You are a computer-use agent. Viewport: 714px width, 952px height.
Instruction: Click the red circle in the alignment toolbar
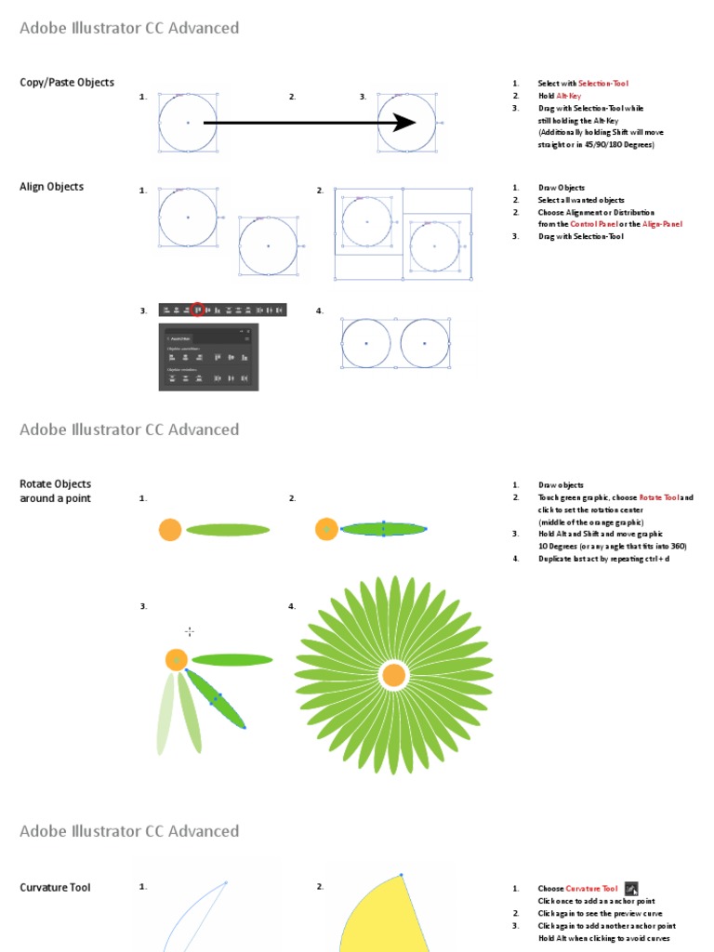(x=197, y=310)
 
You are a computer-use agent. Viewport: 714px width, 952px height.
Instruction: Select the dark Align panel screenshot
(x=208, y=357)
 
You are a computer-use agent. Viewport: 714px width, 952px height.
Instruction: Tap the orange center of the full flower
(x=393, y=675)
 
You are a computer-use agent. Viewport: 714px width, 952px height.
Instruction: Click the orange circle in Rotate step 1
(x=169, y=530)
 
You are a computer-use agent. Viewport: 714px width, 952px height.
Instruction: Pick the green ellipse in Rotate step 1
(x=228, y=530)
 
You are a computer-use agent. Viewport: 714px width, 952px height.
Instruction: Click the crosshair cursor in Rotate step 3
(x=190, y=632)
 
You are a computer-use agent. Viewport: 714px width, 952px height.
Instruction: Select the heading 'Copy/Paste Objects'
(x=67, y=83)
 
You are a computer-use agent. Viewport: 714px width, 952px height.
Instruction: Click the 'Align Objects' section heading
(x=51, y=187)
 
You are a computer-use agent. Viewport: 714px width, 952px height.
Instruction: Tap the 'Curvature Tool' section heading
(x=55, y=888)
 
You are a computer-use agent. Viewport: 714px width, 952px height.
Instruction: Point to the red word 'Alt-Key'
(x=568, y=96)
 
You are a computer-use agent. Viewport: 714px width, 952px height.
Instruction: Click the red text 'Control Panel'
(x=593, y=224)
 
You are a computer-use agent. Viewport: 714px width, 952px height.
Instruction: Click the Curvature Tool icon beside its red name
(x=631, y=889)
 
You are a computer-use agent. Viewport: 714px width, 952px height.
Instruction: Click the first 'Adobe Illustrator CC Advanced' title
(x=129, y=28)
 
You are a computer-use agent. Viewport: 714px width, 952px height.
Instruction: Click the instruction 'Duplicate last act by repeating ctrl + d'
(x=603, y=559)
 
